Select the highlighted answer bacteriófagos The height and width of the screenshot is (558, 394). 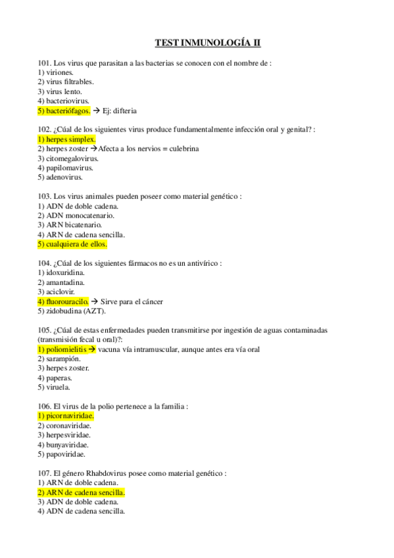pos(64,111)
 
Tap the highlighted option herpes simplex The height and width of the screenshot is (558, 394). pos(67,139)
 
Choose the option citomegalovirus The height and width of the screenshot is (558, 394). pos(68,159)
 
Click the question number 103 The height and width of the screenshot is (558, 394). pos(44,197)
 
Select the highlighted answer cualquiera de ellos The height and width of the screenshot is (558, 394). pos(72,244)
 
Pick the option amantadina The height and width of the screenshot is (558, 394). pos(65,282)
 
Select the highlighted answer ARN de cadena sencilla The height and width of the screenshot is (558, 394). pos(82,492)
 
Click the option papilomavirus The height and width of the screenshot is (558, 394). pos(66,168)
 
